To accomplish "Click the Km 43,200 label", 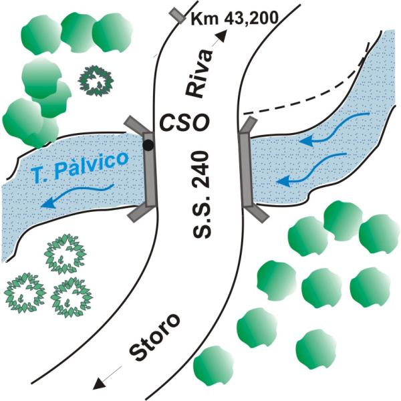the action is [x=235, y=19].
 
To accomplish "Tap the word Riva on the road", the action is [x=199, y=74].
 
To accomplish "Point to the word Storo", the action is [x=154, y=337].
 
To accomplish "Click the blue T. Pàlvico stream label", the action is [x=80, y=166].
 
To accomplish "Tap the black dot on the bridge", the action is [x=148, y=146].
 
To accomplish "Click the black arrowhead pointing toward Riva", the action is [x=222, y=36].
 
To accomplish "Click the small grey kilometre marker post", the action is [x=178, y=16].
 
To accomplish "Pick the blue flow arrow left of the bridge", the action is [x=78, y=195].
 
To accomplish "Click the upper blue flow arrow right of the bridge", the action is [x=335, y=130].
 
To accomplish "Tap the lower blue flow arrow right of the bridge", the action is [x=311, y=169].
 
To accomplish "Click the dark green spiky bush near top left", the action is [x=96, y=81].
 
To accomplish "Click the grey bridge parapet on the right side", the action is [x=245, y=169].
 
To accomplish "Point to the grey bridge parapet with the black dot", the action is [x=150, y=169].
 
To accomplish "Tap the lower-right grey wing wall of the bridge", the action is [x=258, y=213].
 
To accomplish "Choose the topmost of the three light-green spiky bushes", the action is [x=65, y=254].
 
